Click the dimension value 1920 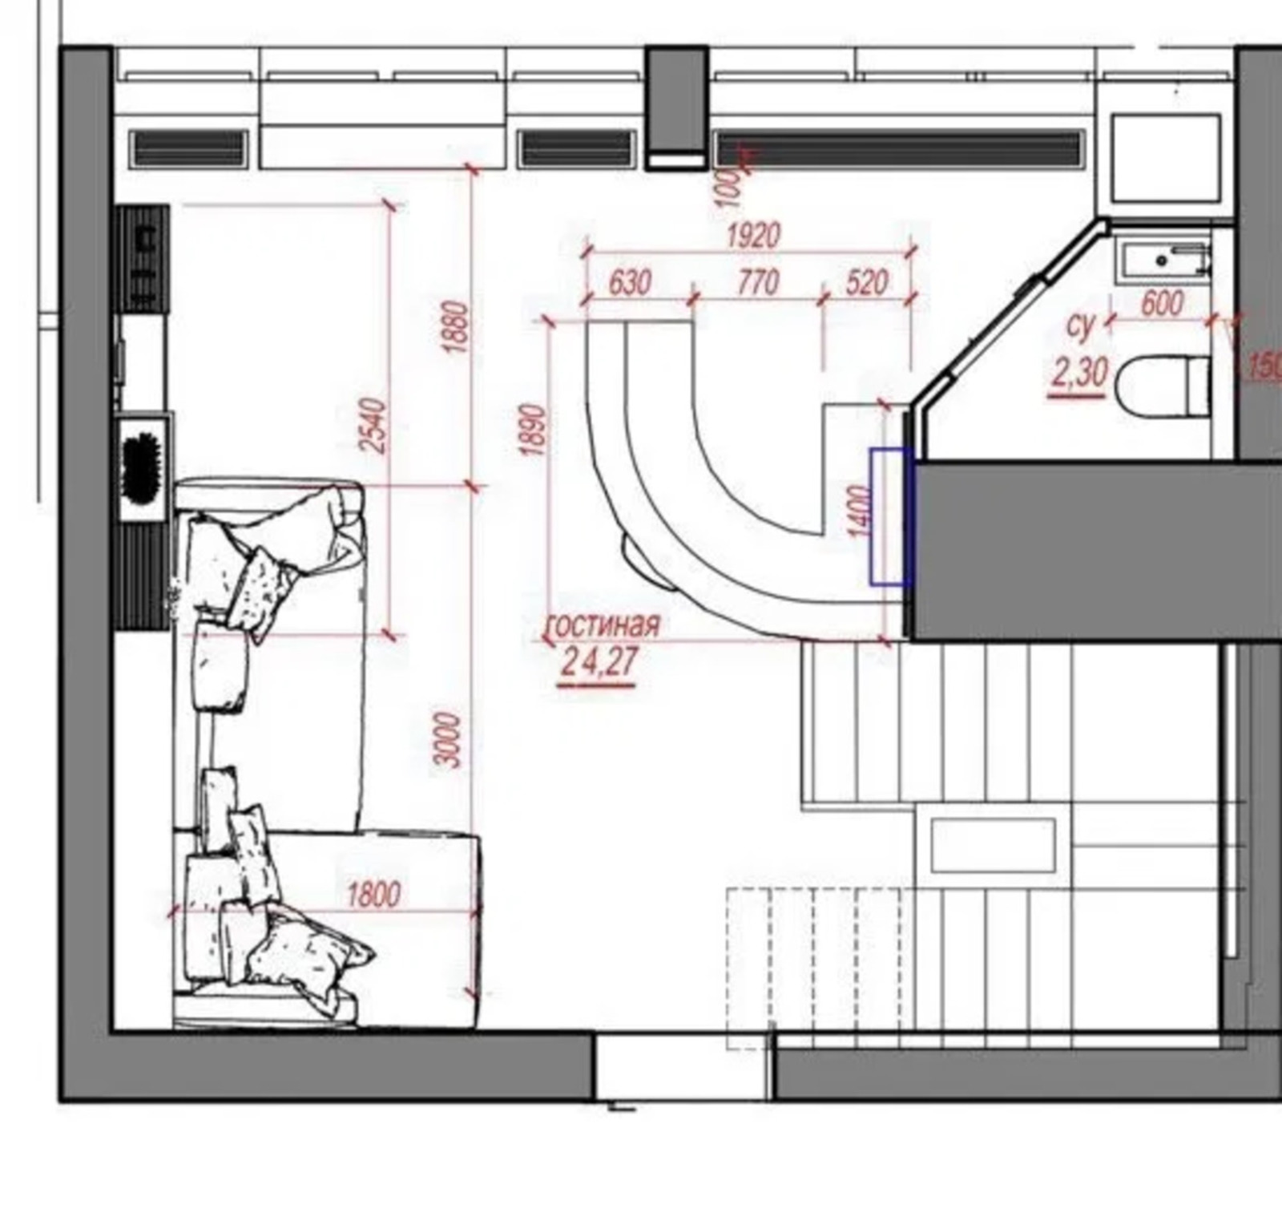click(753, 237)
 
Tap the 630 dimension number click(630, 283)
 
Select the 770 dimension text click(757, 283)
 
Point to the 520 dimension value click(866, 283)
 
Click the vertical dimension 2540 click(374, 426)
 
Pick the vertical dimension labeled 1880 click(454, 327)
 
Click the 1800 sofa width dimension click(373, 894)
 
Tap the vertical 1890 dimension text click(533, 430)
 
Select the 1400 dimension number click(857, 511)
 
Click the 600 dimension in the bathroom click(1161, 304)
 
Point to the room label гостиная click(603, 625)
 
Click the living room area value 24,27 click(599, 662)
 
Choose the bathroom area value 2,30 click(1078, 373)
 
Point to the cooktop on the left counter click(143, 258)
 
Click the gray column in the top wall click(677, 107)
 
